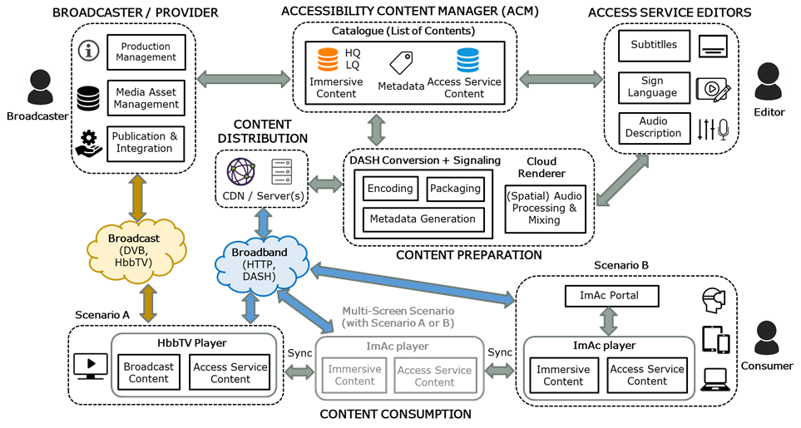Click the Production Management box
click(x=145, y=52)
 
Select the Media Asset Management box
click(x=146, y=99)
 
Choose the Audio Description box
click(x=654, y=127)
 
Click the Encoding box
click(x=390, y=189)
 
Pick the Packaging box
click(x=456, y=189)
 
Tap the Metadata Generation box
click(x=423, y=219)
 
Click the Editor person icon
click(x=768, y=81)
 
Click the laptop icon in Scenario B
click(x=716, y=380)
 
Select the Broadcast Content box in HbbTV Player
click(x=150, y=373)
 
